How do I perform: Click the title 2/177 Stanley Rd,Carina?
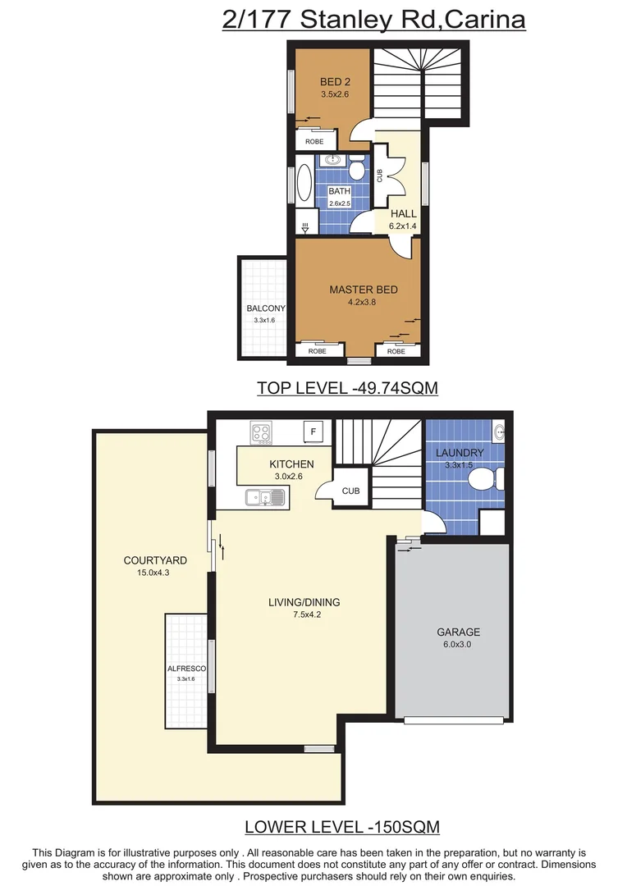pyautogui.click(x=373, y=19)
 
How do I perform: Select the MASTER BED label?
pyautogui.click(x=363, y=290)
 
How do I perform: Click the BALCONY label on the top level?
pyautogui.click(x=265, y=308)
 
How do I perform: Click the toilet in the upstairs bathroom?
pyautogui.click(x=357, y=169)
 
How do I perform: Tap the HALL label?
pyautogui.click(x=403, y=214)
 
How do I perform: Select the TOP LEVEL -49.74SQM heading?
pyautogui.click(x=347, y=388)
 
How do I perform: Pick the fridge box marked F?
pyautogui.click(x=315, y=432)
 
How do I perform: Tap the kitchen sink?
pyautogui.click(x=264, y=496)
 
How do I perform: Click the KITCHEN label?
pyautogui.click(x=291, y=464)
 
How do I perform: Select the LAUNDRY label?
pyautogui.click(x=460, y=453)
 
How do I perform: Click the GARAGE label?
pyautogui.click(x=459, y=632)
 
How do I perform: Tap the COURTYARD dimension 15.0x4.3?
pyautogui.click(x=155, y=573)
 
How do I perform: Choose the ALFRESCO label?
pyautogui.click(x=185, y=669)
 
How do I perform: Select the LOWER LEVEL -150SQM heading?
pyautogui.click(x=341, y=826)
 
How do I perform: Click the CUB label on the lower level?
pyautogui.click(x=350, y=491)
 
